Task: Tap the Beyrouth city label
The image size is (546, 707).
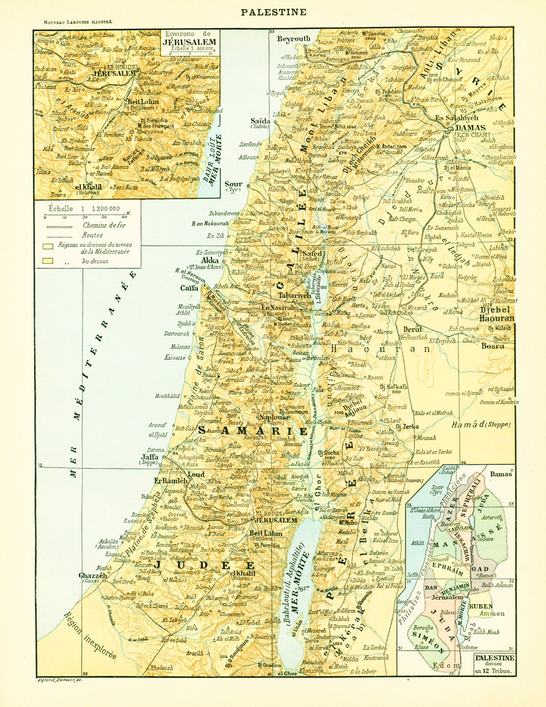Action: tap(293, 38)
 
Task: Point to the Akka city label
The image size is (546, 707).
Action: tap(210, 261)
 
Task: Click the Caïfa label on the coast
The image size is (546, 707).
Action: tap(189, 287)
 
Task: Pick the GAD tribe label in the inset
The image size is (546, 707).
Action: tap(481, 569)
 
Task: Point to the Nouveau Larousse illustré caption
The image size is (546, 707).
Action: tap(74, 21)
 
